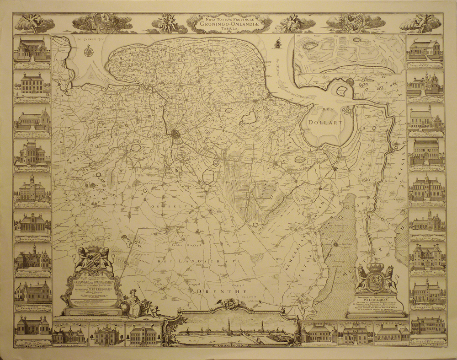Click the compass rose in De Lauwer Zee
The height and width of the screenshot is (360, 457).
tap(89, 51)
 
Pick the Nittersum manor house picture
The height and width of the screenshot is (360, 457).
tap(425, 257)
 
